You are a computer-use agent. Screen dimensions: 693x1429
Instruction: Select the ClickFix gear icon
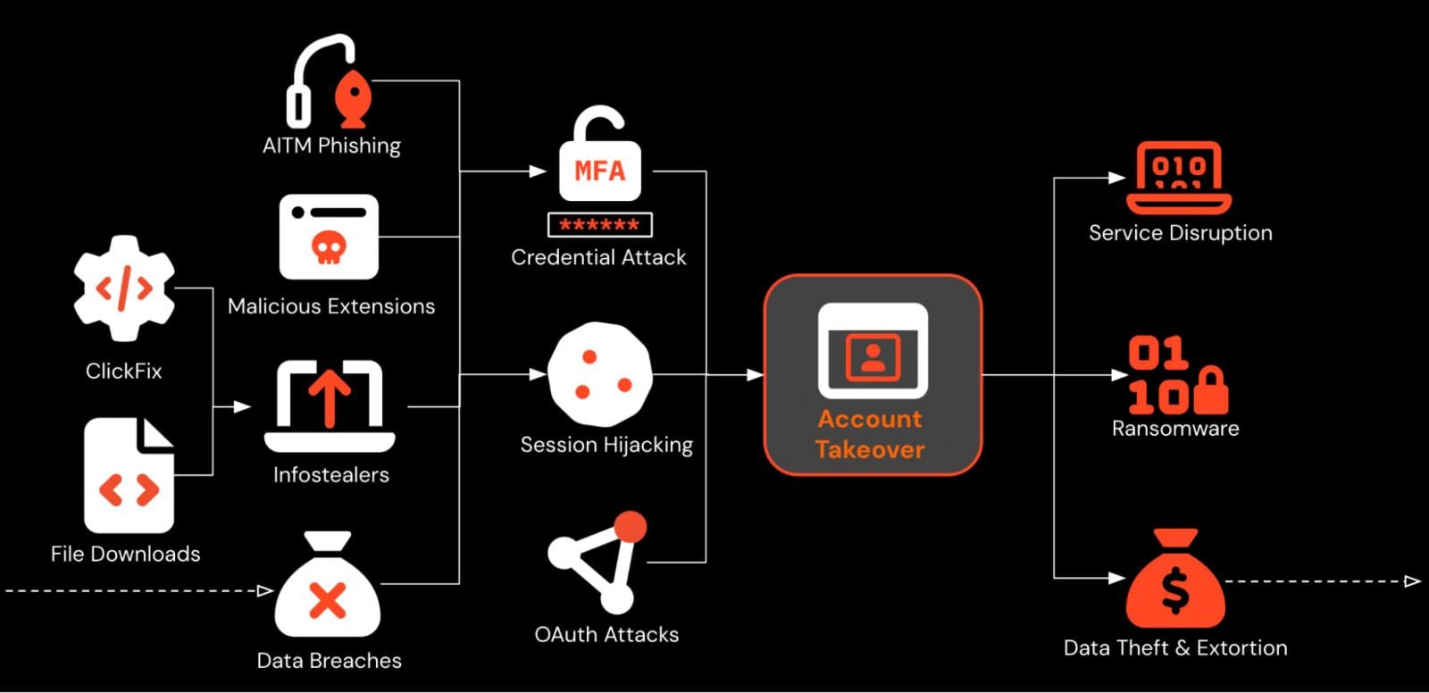tap(123, 288)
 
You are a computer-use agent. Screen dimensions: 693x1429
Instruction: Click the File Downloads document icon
tap(129, 475)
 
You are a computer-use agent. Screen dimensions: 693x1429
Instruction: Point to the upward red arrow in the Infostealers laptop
tap(330, 397)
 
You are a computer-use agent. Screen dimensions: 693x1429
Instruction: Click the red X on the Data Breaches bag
tap(327, 599)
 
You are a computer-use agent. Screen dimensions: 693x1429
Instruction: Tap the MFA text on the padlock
tap(599, 170)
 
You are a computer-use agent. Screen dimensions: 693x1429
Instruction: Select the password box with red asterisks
tap(599, 225)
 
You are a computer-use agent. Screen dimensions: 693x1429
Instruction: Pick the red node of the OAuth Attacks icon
tap(631, 526)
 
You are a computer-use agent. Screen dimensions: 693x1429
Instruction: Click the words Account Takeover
tap(870, 434)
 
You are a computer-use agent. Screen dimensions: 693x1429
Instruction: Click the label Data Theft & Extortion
tap(1175, 648)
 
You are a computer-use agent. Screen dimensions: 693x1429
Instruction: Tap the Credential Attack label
tap(598, 257)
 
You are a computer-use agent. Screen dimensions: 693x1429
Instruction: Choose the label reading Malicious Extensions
tap(331, 306)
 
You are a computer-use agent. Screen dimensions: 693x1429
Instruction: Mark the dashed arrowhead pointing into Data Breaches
tap(265, 590)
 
